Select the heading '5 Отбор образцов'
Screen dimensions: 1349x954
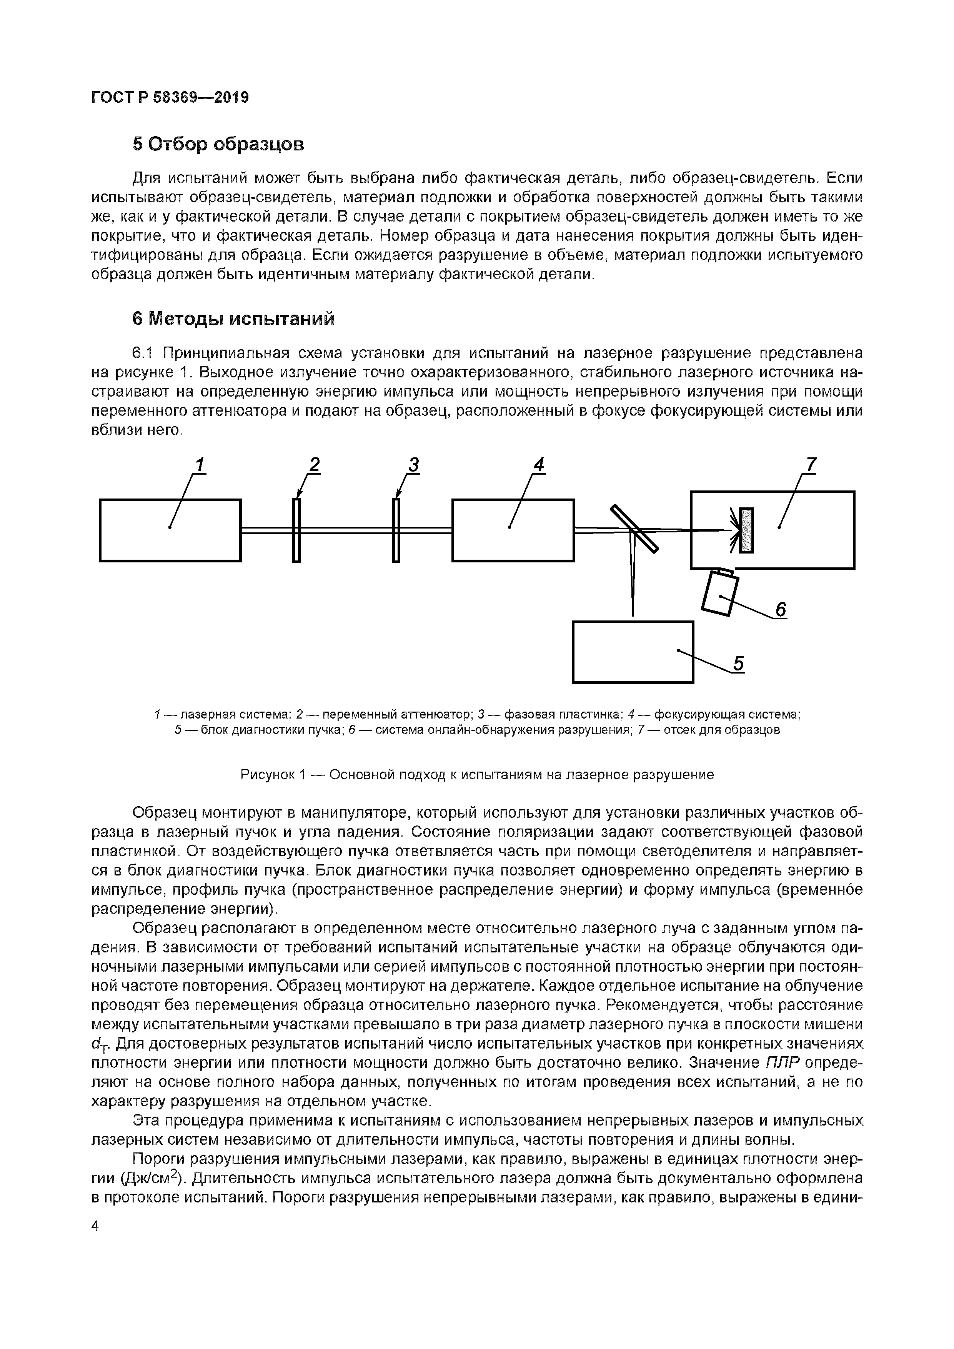218,144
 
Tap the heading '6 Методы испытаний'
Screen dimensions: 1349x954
233,318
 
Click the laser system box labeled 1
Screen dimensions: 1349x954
170,530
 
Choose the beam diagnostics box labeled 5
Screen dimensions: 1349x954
632,652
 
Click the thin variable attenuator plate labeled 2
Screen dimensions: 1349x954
296,530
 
